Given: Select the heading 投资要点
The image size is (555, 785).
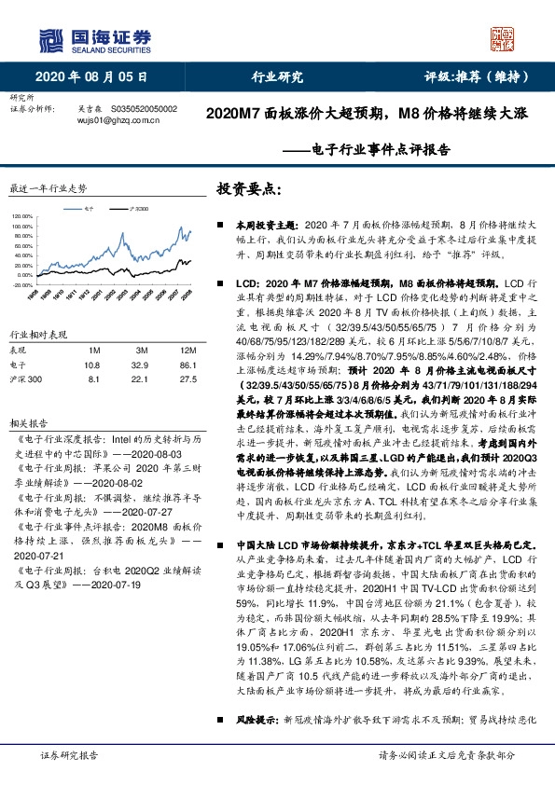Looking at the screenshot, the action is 248,188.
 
